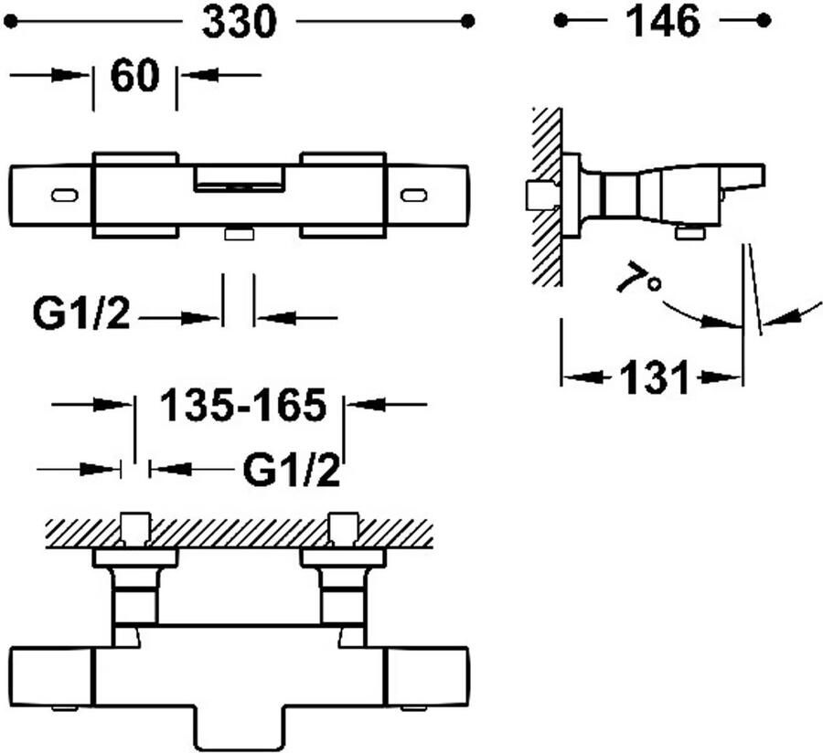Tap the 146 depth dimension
[664, 22]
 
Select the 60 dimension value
[135, 76]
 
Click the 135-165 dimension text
[243, 406]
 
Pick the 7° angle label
[638, 278]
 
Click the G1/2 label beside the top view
[80, 313]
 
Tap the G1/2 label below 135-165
[292, 471]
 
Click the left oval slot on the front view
[65, 196]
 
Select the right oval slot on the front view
[414, 196]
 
